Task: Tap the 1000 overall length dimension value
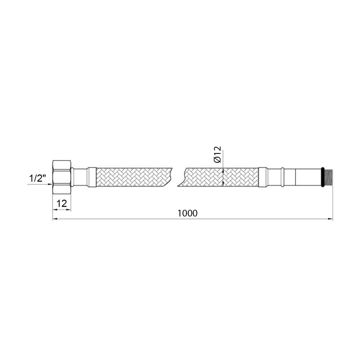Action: [188, 213]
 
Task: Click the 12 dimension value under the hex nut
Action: [62, 203]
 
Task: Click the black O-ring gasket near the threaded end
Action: [322, 177]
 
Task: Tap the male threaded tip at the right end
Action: [328, 177]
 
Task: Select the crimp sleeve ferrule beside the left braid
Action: [92, 177]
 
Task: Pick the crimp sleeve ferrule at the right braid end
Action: [263, 177]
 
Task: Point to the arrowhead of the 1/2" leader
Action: [51, 184]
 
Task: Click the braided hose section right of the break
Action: [219, 177]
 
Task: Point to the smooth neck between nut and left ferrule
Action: [79, 177]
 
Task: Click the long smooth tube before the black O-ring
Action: [308, 177]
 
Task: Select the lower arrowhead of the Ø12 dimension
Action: [223, 184]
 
